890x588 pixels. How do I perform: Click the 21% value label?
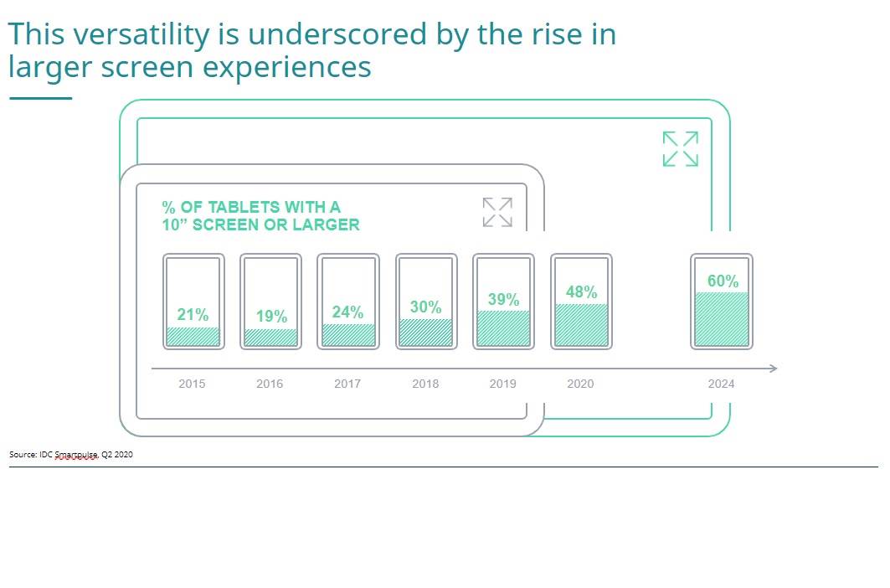pyautogui.click(x=193, y=315)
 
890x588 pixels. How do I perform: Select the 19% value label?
pyautogui.click(x=271, y=317)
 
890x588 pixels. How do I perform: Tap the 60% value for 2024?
pyautogui.click(x=723, y=281)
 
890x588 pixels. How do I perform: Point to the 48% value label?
pyautogui.click(x=581, y=292)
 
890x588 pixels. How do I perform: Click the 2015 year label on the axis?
pyautogui.click(x=192, y=384)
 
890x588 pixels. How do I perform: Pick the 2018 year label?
pyautogui.click(x=425, y=384)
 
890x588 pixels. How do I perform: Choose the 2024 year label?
pyautogui.click(x=721, y=384)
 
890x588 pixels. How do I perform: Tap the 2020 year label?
pyautogui.click(x=580, y=384)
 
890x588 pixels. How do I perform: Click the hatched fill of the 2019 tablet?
pyautogui.click(x=503, y=328)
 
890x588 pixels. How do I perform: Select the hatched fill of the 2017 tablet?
pyautogui.click(x=348, y=335)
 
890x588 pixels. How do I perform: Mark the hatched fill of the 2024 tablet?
pyautogui.click(x=722, y=319)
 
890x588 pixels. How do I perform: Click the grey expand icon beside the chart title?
pyautogui.click(x=497, y=212)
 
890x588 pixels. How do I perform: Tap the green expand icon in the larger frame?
pyautogui.click(x=680, y=149)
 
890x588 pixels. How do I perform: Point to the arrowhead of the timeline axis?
pyautogui.click(x=773, y=369)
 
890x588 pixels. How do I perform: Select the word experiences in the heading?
pyautogui.click(x=289, y=67)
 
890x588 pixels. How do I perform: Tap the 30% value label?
pyautogui.click(x=425, y=307)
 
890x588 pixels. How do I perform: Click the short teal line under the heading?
pyautogui.click(x=40, y=98)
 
